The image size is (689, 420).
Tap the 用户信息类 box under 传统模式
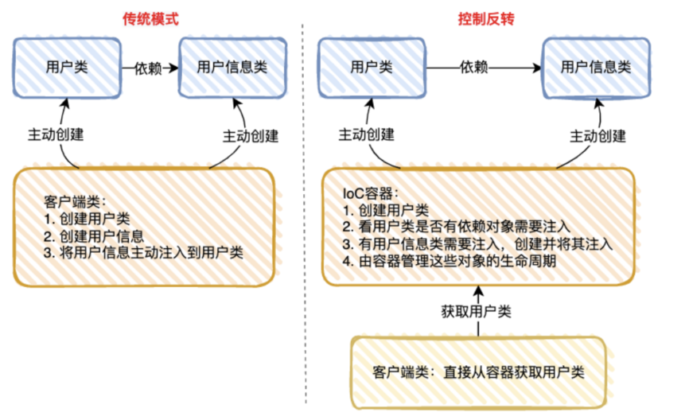232,67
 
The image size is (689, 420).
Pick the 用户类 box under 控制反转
372,67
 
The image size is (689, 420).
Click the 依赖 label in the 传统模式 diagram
149,68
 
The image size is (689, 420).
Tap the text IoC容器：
371,193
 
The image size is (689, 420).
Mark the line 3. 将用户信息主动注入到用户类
143,253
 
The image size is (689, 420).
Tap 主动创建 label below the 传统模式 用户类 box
55,135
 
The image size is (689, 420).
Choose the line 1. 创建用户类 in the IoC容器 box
386,211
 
